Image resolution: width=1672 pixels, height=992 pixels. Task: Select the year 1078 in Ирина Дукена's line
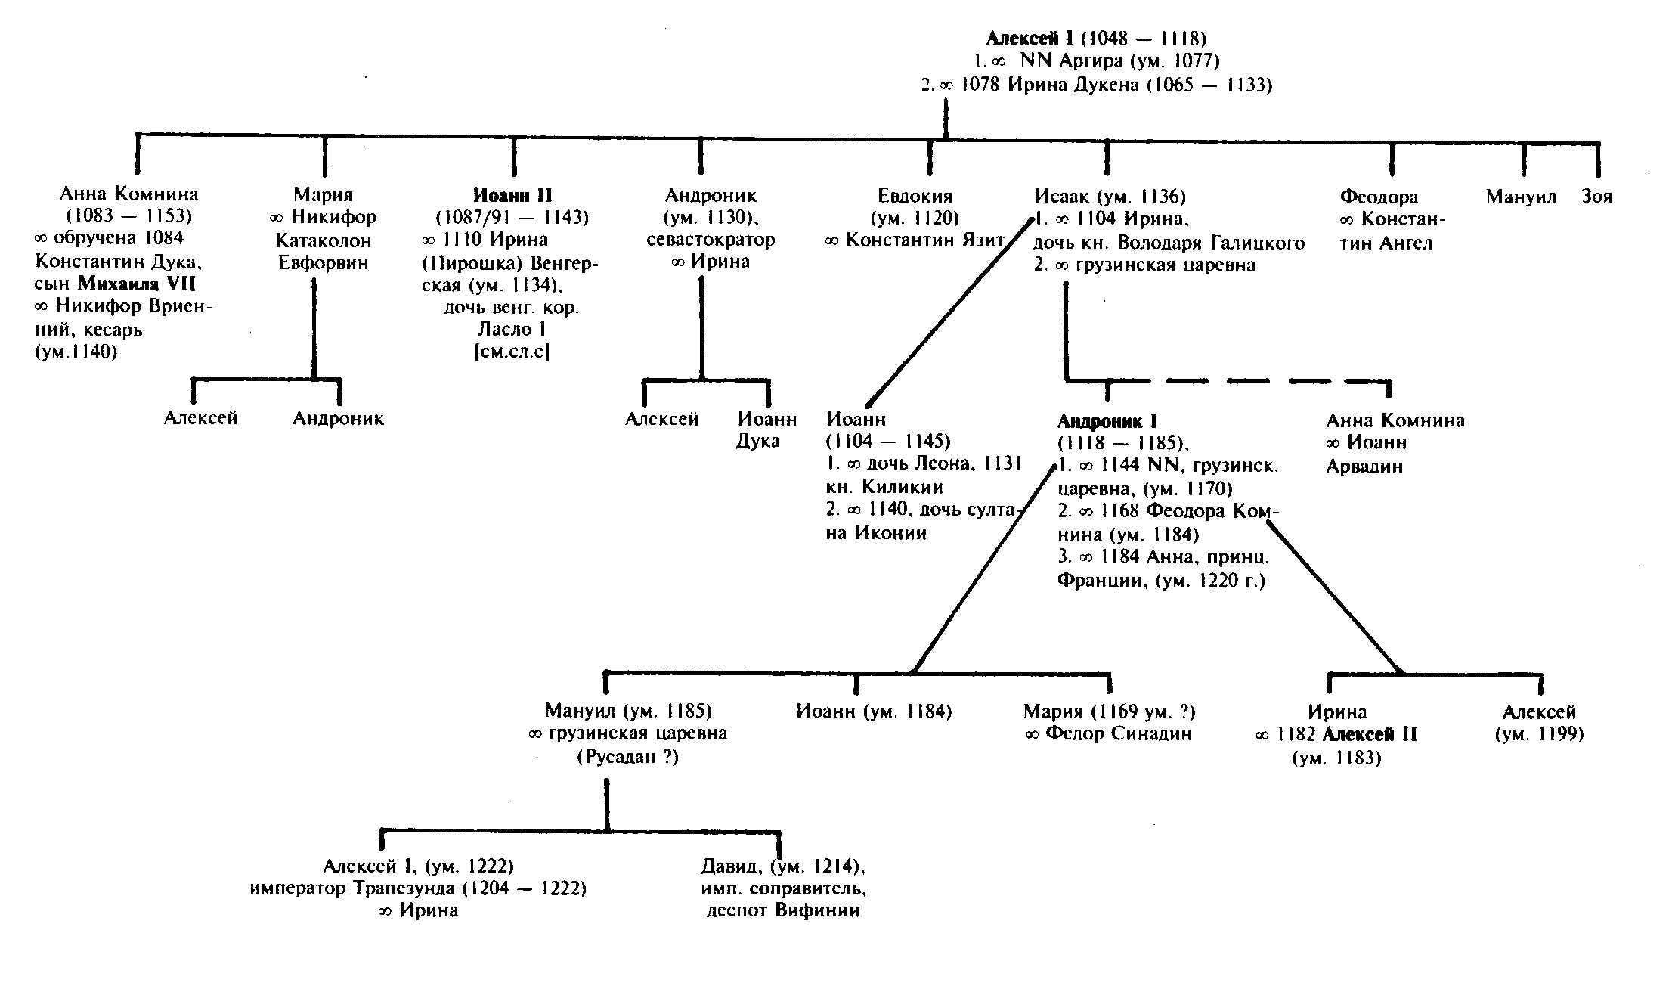pyautogui.click(x=980, y=85)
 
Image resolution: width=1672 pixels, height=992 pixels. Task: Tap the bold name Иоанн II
pyautogui.click(x=512, y=195)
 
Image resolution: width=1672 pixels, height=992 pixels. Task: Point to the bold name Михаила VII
pyautogui.click(x=137, y=284)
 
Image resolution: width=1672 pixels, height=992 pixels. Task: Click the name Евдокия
pyautogui.click(x=915, y=197)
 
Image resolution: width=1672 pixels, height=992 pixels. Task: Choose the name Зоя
pyautogui.click(x=1596, y=197)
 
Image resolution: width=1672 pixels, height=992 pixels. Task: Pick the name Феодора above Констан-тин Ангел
pyautogui.click(x=1379, y=197)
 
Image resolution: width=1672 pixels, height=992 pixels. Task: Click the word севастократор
pyautogui.click(x=711, y=240)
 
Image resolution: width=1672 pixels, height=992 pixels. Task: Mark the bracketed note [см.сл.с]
pyautogui.click(x=512, y=352)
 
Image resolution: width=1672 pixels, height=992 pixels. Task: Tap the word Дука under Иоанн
pyautogui.click(x=757, y=442)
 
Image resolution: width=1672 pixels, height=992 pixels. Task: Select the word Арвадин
pyautogui.click(x=1364, y=467)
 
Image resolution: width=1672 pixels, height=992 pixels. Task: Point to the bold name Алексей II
pyautogui.click(x=1370, y=734)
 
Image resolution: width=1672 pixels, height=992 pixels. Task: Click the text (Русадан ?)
pyautogui.click(x=627, y=757)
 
